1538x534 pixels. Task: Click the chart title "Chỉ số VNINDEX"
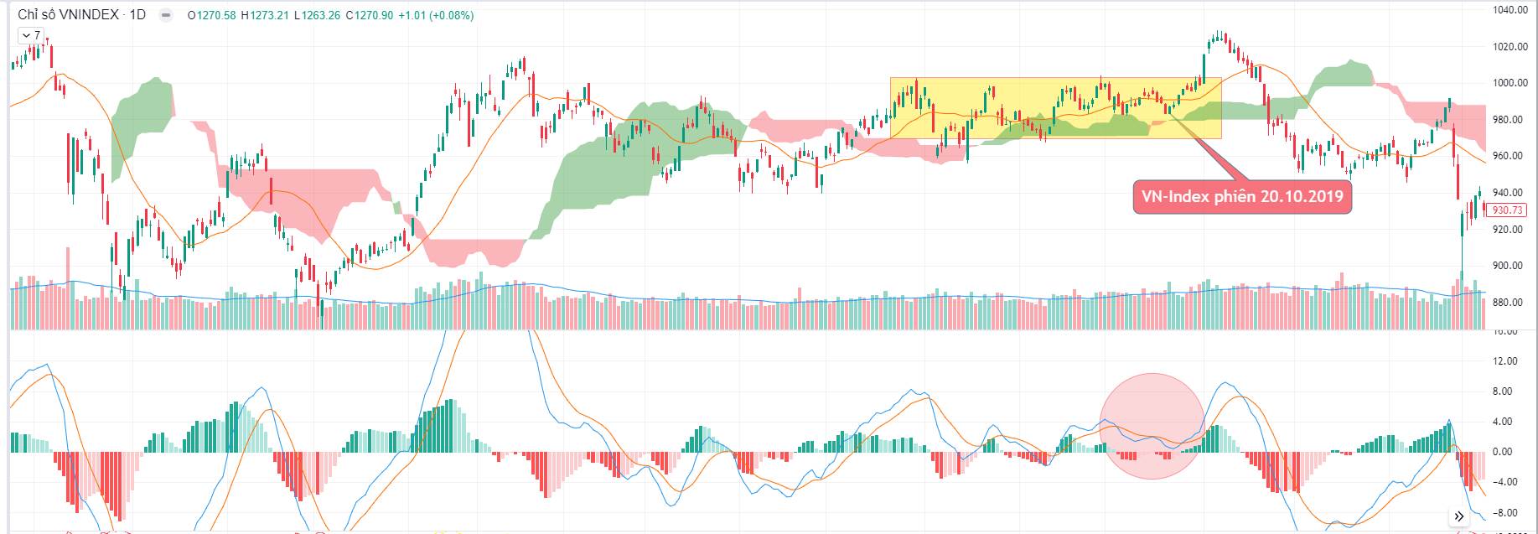[x=69, y=15]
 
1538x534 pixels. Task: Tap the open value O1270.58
[x=214, y=15]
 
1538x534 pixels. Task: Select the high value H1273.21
[x=267, y=15]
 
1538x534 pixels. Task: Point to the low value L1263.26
[x=319, y=15]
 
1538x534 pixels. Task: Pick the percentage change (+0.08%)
[x=452, y=15]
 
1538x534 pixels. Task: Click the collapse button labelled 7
[x=31, y=35]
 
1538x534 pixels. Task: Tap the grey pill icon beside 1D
[x=166, y=15]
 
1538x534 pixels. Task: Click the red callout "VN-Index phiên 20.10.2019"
[x=1242, y=197]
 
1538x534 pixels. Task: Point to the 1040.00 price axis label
[x=1510, y=11]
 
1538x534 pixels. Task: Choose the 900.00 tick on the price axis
[x=1510, y=266]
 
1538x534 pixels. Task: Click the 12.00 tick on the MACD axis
[x=1506, y=361]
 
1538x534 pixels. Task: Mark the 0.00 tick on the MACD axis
[x=1504, y=452]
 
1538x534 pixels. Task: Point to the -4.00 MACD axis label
[x=1506, y=482]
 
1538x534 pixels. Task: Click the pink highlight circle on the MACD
[x=1152, y=426]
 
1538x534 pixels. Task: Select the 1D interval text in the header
[x=137, y=15]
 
